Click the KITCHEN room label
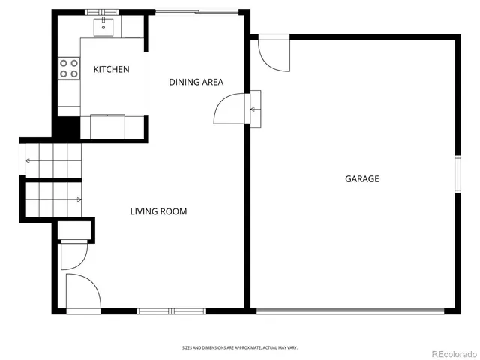point(111,69)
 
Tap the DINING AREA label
point(196,82)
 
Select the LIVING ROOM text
point(158,211)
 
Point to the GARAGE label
point(361,178)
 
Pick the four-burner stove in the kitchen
point(70,69)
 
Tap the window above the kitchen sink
point(101,12)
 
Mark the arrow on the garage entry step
point(254,109)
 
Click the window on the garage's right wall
point(457,175)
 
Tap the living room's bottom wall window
point(171,310)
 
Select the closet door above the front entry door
point(73,255)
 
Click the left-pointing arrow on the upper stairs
point(28,160)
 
